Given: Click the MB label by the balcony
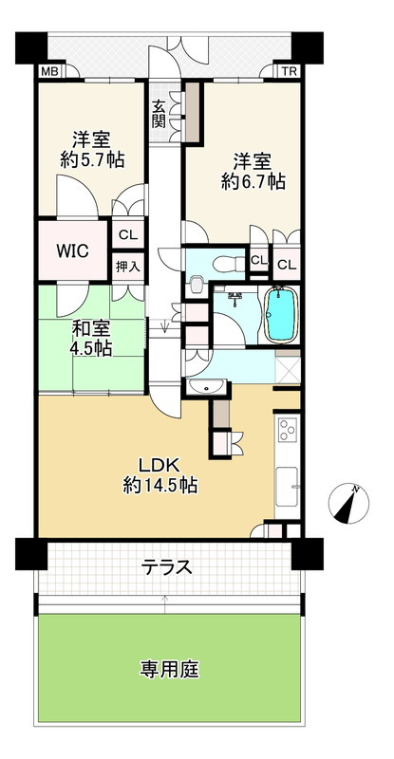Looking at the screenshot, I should point(47,71).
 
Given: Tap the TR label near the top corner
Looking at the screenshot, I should point(285,71).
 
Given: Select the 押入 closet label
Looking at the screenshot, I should point(126,267).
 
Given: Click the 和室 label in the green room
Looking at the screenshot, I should point(90,329).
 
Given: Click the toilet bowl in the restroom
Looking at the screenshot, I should point(197,282).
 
